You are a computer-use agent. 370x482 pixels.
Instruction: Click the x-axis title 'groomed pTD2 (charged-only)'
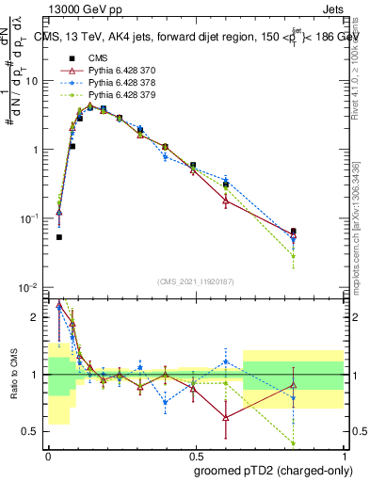[x=273, y=471]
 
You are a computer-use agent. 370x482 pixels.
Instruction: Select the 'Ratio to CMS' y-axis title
[x=14, y=374]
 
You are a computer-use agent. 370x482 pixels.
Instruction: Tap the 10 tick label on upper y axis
[x=31, y=81]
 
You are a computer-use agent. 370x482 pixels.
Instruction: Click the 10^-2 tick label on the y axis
[x=28, y=287]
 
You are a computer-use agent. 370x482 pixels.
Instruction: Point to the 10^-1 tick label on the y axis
[x=28, y=218]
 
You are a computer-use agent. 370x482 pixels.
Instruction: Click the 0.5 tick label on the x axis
[x=196, y=454]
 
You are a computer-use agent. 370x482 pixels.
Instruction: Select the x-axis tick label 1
[x=344, y=454]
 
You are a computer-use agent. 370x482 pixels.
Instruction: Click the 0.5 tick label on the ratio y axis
[x=33, y=432]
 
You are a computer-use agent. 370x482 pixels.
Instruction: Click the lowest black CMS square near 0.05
[x=58, y=237]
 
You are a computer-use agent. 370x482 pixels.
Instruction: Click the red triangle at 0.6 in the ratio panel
[x=226, y=417]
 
